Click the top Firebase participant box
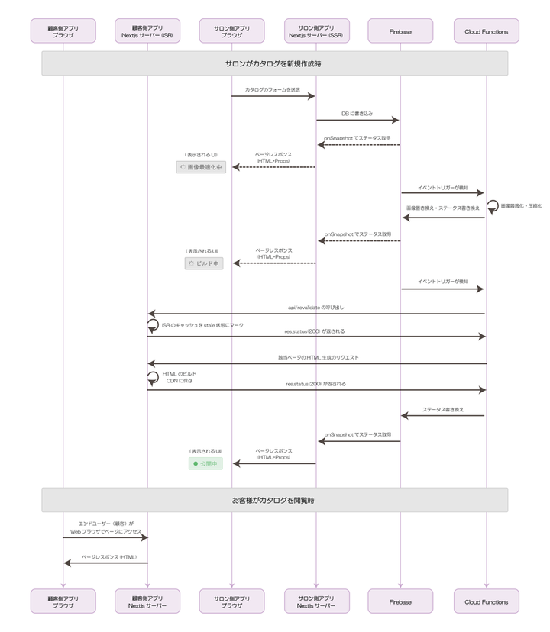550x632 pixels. [400, 31]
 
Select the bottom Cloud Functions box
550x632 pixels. [486, 601]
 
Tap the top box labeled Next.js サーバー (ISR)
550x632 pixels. [148, 31]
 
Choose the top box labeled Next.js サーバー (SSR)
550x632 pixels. [316, 31]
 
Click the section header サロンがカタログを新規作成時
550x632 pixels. [274, 63]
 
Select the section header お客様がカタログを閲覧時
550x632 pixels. [274, 501]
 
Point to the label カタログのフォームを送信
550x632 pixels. [272, 89]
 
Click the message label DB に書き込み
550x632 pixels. [357, 113]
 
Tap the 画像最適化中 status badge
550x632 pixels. [202, 166]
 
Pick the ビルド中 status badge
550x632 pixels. [204, 263]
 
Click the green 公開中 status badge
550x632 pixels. [205, 463]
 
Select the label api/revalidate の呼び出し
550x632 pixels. [315, 307]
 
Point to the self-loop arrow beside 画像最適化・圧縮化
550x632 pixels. [493, 206]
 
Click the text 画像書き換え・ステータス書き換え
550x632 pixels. [443, 208]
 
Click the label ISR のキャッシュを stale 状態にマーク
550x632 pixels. [202, 325]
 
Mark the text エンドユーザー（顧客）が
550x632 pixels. [106, 523]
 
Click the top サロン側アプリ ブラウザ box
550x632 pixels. [232, 31]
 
